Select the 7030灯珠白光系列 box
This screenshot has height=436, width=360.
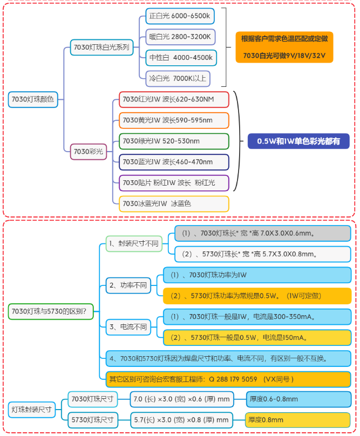pos(101,47)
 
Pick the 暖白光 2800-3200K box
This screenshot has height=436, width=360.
pos(180,37)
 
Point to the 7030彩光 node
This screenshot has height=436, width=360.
pos(88,152)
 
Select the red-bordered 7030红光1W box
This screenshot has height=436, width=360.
pos(174,99)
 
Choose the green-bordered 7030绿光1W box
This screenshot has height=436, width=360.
pos(174,141)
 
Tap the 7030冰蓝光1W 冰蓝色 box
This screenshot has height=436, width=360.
pos(174,203)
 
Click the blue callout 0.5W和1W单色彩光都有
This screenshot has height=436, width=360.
pos(298,141)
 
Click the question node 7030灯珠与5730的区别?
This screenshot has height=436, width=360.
pos(49,310)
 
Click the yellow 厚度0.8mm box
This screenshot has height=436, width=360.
pos(296,419)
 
